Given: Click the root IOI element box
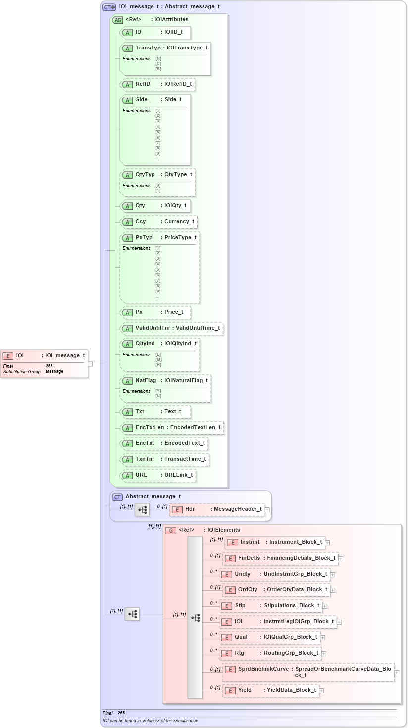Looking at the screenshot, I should [x=44, y=356].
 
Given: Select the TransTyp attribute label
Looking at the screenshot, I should [x=148, y=48].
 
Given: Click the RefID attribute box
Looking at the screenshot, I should [x=157, y=84].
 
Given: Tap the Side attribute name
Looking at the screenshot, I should [x=142, y=100].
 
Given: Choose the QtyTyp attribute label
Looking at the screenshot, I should [x=145, y=175].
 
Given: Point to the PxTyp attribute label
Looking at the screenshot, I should [x=144, y=238].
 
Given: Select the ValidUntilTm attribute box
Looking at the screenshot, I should [x=172, y=328].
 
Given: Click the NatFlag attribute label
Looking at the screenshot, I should [x=146, y=381].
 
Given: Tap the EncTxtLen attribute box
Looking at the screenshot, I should [x=172, y=428].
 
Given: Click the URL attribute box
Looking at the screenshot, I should [x=158, y=475].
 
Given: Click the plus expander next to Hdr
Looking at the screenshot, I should [x=267, y=509].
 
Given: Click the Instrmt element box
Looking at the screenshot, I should [x=275, y=542].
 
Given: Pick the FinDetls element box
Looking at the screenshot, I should [x=281, y=558].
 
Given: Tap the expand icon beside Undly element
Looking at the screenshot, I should [x=333, y=575].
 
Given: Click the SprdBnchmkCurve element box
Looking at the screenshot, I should [x=309, y=672].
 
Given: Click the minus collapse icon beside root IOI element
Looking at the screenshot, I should [x=90, y=364].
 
